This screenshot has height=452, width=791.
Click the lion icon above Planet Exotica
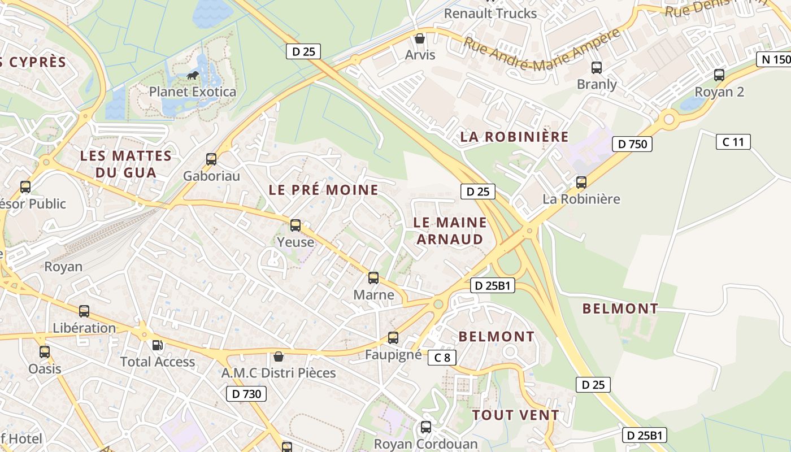[193, 75]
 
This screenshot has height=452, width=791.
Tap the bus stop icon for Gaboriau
[211, 159]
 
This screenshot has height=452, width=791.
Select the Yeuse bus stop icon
[295, 225]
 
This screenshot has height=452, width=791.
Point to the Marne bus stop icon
[373, 278]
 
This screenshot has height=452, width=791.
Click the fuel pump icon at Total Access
[158, 345]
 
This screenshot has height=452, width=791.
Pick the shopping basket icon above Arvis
[420, 38]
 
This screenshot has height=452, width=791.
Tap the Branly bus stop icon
[596, 68]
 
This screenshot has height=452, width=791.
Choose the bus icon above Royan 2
[719, 75]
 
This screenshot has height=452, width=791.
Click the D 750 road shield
[632, 144]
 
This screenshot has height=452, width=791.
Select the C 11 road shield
[733, 142]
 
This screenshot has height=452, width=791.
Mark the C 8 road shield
[442, 357]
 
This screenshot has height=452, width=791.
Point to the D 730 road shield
[246, 394]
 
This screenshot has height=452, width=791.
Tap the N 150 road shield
[773, 59]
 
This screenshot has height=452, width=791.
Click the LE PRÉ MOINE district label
[323, 190]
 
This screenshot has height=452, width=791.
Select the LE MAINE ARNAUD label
[450, 231]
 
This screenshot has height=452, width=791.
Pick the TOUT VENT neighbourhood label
[515, 415]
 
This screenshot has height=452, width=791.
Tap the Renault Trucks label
[490, 13]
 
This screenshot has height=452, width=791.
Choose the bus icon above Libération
[84, 311]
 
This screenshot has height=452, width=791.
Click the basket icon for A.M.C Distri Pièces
[278, 356]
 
